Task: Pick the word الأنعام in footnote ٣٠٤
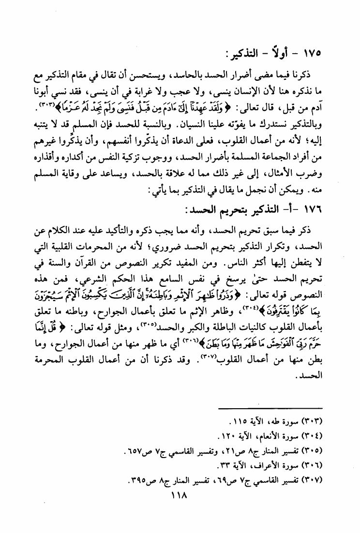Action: tap(274, 433)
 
